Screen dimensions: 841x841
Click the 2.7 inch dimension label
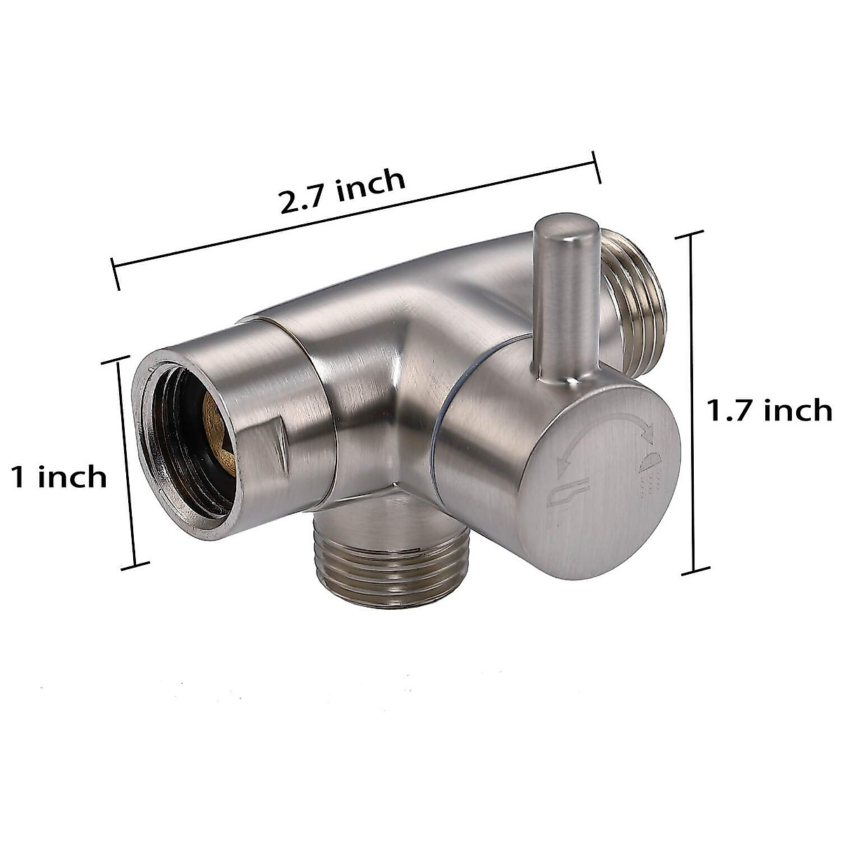pos(343,191)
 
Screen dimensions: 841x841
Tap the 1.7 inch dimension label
pos(768,410)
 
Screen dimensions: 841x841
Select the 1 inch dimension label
pos(59,477)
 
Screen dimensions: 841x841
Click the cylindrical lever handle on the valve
pos(566,301)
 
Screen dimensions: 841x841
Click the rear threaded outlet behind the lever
pos(634,301)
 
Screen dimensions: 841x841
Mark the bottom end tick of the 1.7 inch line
pos(695,570)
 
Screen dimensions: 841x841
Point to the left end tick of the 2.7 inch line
pos(116,274)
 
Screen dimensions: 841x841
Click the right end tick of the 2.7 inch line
pos(596,168)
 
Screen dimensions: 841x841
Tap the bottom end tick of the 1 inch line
pos(135,565)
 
